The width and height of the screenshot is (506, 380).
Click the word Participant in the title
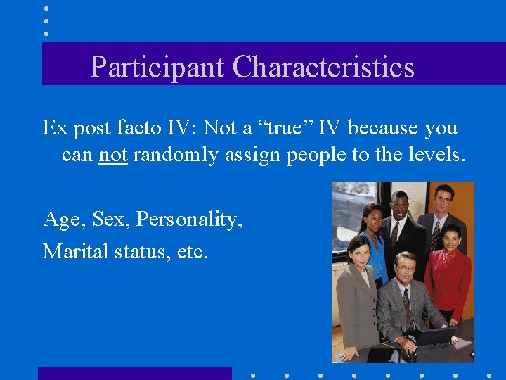pyautogui.click(x=158, y=67)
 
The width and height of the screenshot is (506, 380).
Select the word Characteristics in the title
pyautogui.click(x=323, y=67)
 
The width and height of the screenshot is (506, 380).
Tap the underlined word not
pyautogui.click(x=112, y=154)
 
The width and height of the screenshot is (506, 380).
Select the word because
pyautogui.click(x=381, y=128)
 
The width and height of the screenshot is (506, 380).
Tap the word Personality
pyautogui.click(x=190, y=220)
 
